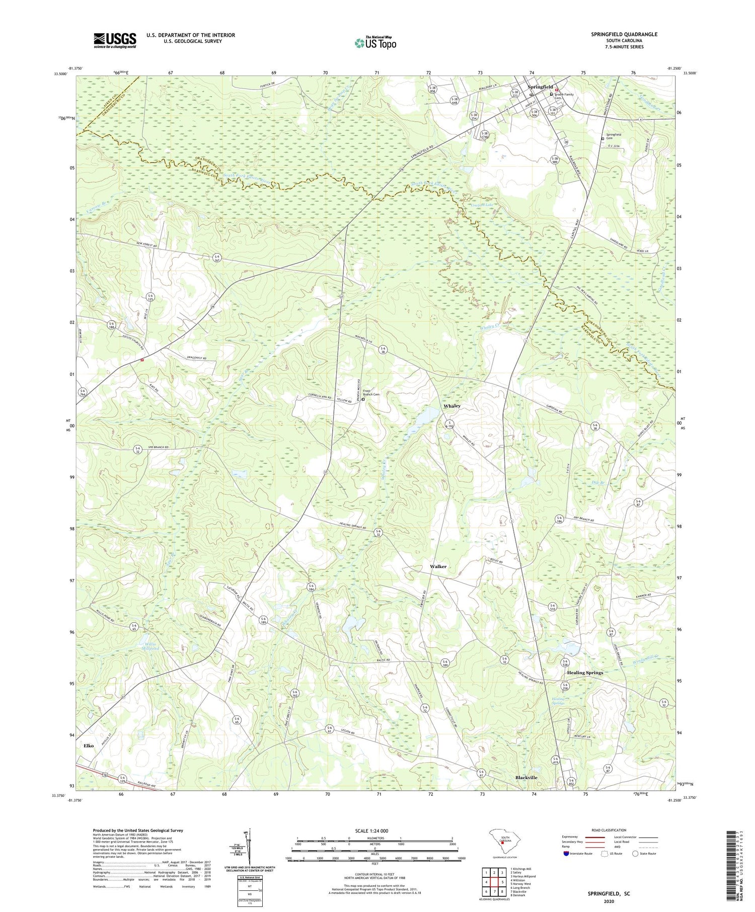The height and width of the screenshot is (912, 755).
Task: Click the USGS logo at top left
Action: (x=115, y=40)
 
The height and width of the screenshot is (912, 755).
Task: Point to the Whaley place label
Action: (x=451, y=405)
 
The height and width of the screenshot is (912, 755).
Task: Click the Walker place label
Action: (x=438, y=566)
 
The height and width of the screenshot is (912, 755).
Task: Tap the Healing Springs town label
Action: (x=584, y=672)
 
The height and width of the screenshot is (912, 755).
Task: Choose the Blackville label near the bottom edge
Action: (x=526, y=777)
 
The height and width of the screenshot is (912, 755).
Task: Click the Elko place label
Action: (x=89, y=745)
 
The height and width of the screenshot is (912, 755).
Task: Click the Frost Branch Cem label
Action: (x=370, y=392)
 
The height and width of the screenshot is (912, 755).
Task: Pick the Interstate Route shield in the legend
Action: (x=566, y=854)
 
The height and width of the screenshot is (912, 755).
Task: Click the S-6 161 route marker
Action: (x=217, y=257)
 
